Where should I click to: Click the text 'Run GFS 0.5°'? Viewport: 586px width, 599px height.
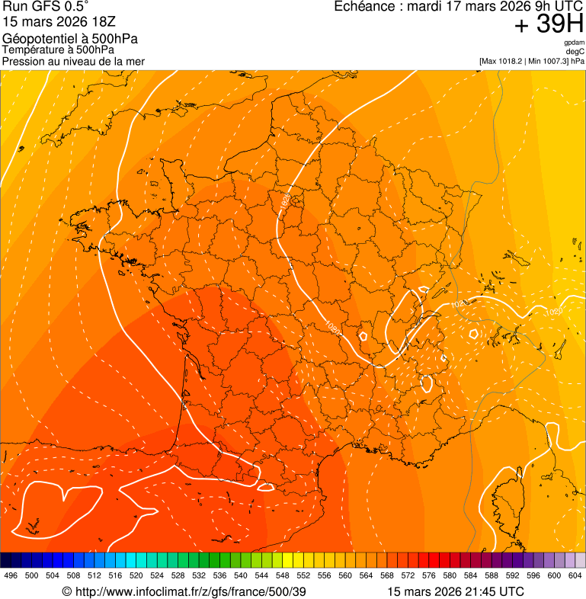click(46, 8)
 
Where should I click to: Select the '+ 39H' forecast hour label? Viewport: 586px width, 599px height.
click(549, 25)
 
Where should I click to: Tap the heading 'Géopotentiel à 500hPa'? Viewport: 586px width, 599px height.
click(71, 39)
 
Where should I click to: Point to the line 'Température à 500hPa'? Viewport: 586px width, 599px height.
click(59, 50)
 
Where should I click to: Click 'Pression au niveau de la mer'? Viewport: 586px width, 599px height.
click(74, 61)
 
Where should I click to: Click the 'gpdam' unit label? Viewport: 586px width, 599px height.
click(574, 43)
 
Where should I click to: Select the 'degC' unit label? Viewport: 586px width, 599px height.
click(575, 51)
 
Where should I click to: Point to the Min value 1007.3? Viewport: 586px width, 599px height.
click(556, 61)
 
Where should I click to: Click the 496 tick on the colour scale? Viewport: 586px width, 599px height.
click(11, 576)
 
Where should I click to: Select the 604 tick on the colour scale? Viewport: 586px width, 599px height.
click(575, 576)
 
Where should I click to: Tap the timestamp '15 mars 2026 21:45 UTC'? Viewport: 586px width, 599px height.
click(456, 591)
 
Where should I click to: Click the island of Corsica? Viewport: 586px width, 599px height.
click(508, 507)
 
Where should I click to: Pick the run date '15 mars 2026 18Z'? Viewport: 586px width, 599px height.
click(59, 23)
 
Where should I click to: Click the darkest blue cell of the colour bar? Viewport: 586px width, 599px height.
click(6, 560)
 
